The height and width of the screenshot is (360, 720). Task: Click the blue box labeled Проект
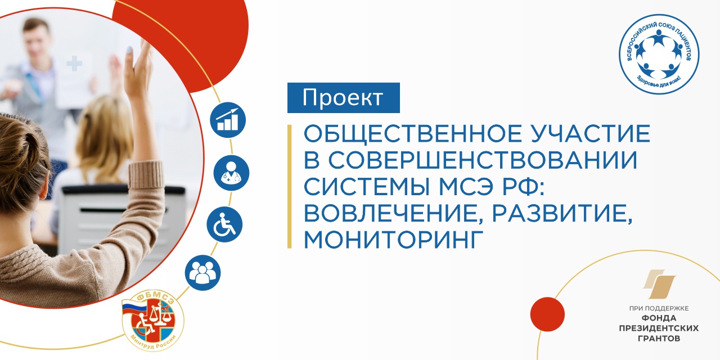click(x=343, y=98)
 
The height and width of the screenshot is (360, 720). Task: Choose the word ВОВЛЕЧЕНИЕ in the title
click(x=394, y=214)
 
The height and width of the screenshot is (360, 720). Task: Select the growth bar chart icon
click(x=228, y=120)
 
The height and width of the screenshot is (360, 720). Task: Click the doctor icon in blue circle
click(x=231, y=173)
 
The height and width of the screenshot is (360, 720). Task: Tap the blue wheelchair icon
click(x=224, y=224)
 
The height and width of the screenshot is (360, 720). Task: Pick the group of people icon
click(x=202, y=273)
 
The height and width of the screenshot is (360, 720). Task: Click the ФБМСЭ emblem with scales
click(x=153, y=320)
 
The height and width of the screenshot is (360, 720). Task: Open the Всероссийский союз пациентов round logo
click(x=659, y=54)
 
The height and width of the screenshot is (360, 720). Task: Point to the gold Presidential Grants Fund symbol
click(x=659, y=284)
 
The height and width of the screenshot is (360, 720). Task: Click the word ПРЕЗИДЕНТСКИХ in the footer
click(x=659, y=328)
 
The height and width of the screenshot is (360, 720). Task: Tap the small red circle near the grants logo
click(x=547, y=314)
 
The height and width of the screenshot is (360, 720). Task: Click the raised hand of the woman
click(x=139, y=70)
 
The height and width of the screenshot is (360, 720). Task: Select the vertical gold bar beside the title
click(x=289, y=186)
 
